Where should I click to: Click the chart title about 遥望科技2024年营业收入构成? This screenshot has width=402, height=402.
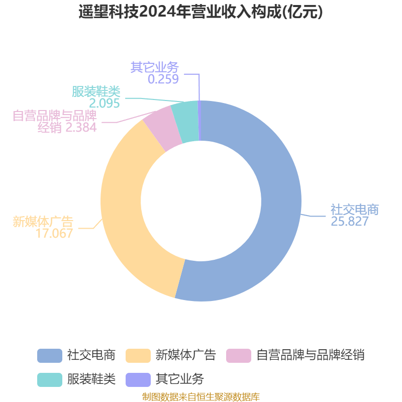[x=200, y=12]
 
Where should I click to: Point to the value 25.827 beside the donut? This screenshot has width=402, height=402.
[x=350, y=221]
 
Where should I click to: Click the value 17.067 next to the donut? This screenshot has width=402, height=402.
[x=54, y=233]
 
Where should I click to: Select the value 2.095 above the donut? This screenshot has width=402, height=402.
[x=105, y=103]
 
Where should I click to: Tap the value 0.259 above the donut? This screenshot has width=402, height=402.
[x=163, y=79]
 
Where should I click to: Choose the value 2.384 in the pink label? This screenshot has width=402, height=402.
[x=81, y=127]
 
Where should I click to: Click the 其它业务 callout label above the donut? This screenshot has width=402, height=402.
[x=155, y=67]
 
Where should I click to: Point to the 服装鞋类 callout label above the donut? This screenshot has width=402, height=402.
[x=96, y=91]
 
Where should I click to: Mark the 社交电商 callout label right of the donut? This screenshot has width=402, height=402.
[x=355, y=210]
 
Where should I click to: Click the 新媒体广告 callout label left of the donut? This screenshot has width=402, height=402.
[x=43, y=222]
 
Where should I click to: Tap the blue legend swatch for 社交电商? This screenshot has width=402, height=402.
[x=50, y=356]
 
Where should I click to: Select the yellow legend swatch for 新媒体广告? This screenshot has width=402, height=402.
[x=138, y=356]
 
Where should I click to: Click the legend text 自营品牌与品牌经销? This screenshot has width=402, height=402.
[x=311, y=355]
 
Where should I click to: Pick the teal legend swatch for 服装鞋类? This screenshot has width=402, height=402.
[x=50, y=380]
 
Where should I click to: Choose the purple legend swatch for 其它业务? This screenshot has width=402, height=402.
[x=138, y=380]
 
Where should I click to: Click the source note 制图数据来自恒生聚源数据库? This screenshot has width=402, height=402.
[x=201, y=397]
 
